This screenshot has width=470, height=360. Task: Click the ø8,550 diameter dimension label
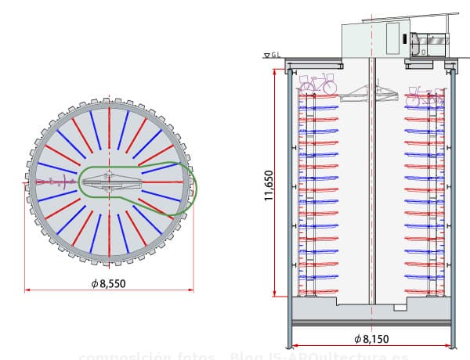point(108,283)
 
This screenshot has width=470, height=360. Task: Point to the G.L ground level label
point(277,55)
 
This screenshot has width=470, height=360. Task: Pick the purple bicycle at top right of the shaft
point(423,96)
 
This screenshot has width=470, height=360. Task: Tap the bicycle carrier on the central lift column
point(372,94)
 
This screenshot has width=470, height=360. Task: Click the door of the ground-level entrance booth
point(392,38)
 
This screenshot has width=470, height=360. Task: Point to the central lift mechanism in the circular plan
point(109,182)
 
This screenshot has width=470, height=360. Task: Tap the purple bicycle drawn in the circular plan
point(52,182)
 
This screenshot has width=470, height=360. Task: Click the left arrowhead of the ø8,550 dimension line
point(28,290)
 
